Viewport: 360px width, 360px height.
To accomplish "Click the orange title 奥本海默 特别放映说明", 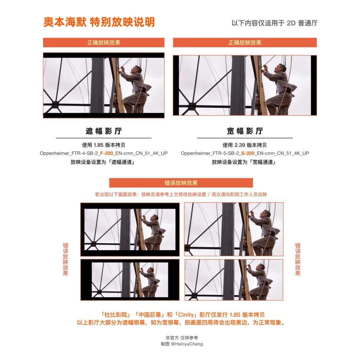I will pyautogui.click(x=99, y=22).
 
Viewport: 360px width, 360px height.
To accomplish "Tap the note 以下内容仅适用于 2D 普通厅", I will pyautogui.click(x=274, y=23).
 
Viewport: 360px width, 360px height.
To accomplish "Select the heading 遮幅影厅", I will pyautogui.click(x=104, y=131).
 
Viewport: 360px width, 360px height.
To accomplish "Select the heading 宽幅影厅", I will pyautogui.click(x=245, y=131).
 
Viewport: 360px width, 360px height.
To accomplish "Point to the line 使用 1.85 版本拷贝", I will pyautogui.click(x=104, y=145).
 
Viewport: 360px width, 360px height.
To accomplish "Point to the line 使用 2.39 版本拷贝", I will pyautogui.click(x=245, y=145).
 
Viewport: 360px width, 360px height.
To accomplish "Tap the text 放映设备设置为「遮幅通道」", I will pyautogui.click(x=104, y=162).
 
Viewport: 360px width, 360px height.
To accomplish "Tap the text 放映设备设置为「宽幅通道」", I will pyautogui.click(x=245, y=162).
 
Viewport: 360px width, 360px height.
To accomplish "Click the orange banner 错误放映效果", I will pyautogui.click(x=181, y=183).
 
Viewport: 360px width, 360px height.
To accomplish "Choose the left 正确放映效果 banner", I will pyautogui.click(x=104, y=43).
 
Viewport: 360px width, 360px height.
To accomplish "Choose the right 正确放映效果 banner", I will pyautogui.click(x=245, y=43).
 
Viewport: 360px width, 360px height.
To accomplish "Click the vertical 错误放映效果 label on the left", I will pyautogui.click(x=65, y=259).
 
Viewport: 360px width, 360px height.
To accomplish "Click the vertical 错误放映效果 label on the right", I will pyautogui.click(x=298, y=259).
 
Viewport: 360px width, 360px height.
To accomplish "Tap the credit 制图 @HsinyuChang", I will pyautogui.click(x=182, y=344).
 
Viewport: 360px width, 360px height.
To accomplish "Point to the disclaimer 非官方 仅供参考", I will pyautogui.click(x=182, y=338).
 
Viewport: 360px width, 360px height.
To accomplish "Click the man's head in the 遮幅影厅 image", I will pyautogui.click(x=136, y=69).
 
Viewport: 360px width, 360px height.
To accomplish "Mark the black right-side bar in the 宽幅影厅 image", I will pyautogui.click(x=314, y=85).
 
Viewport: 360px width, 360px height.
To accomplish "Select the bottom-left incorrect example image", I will pyautogui.click(x=130, y=280).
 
